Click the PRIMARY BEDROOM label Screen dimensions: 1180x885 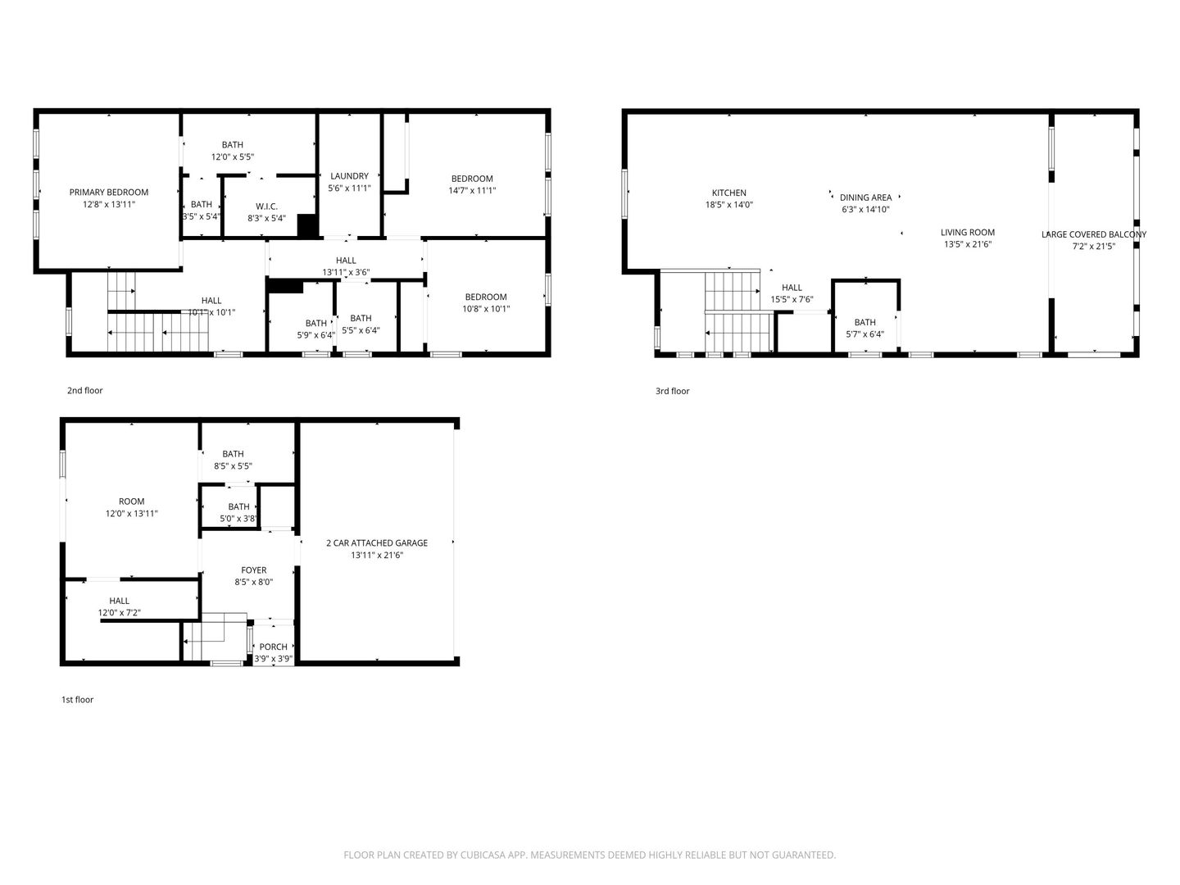(x=109, y=193)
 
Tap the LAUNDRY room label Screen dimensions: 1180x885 (x=349, y=176)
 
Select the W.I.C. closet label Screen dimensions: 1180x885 (x=266, y=206)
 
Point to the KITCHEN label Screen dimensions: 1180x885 (x=729, y=193)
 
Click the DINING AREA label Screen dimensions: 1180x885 (x=865, y=197)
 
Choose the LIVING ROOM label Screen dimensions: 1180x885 (x=968, y=233)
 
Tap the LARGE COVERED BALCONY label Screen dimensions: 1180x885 (x=1094, y=235)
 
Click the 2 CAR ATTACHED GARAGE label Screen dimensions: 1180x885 (x=377, y=543)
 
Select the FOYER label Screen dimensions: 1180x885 (x=254, y=570)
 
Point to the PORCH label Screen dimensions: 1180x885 (x=273, y=647)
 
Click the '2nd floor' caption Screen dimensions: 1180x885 (x=85, y=391)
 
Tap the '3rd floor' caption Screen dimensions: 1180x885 (x=672, y=391)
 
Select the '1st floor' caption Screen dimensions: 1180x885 (x=77, y=700)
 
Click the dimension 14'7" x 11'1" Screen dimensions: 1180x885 (x=472, y=191)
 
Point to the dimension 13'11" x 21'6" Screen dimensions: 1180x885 (x=377, y=555)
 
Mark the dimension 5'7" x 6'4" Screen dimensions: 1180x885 (x=865, y=334)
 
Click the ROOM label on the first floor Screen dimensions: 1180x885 (x=132, y=501)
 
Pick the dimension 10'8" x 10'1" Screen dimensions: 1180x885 (x=486, y=309)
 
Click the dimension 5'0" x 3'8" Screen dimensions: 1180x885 (x=238, y=519)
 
